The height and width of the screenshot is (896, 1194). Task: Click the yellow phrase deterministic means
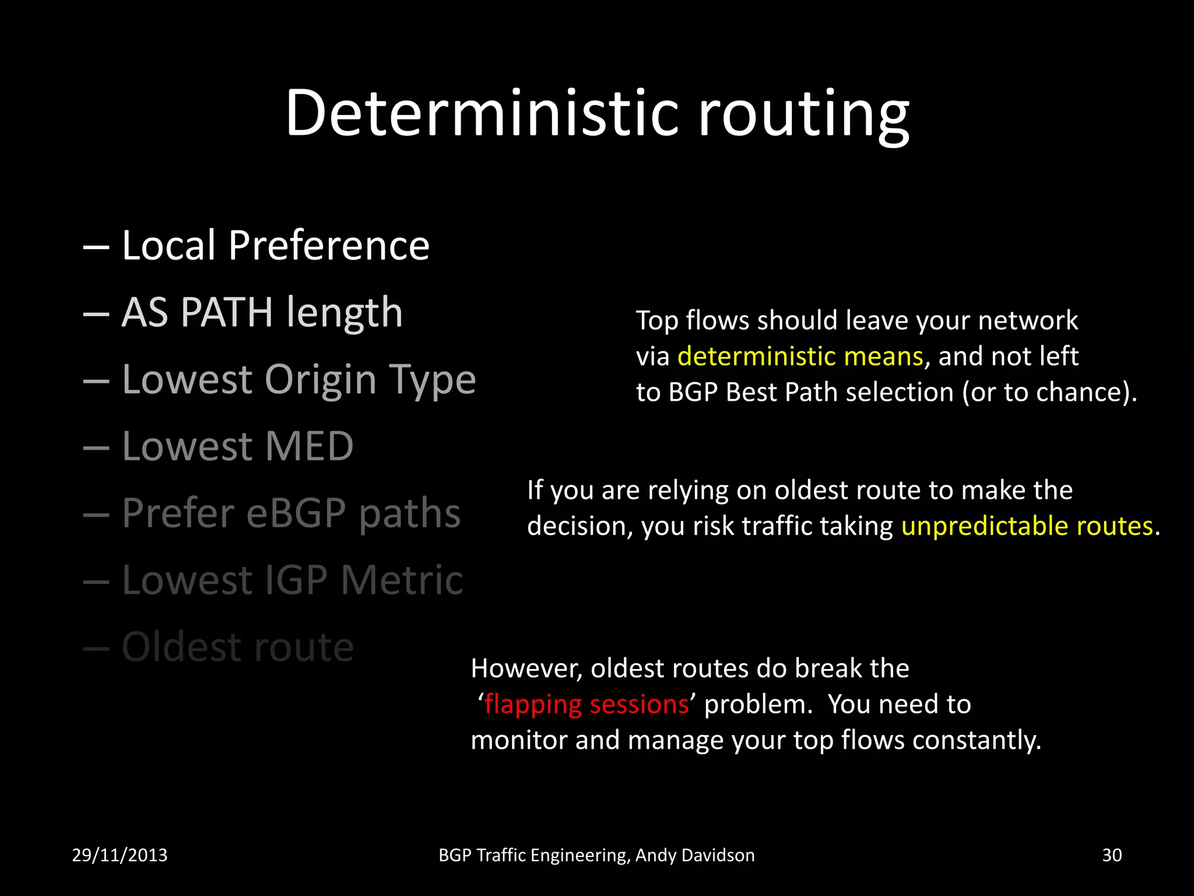pos(800,356)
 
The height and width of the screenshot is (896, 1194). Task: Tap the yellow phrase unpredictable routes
pos(1027,526)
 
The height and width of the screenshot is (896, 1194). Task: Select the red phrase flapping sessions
pos(586,704)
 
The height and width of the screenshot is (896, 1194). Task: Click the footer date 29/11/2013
pos(120,855)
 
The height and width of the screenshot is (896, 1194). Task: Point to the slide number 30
pos(1112,855)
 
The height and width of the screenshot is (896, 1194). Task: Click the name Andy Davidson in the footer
pos(695,855)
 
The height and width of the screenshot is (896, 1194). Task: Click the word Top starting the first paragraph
pos(657,321)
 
